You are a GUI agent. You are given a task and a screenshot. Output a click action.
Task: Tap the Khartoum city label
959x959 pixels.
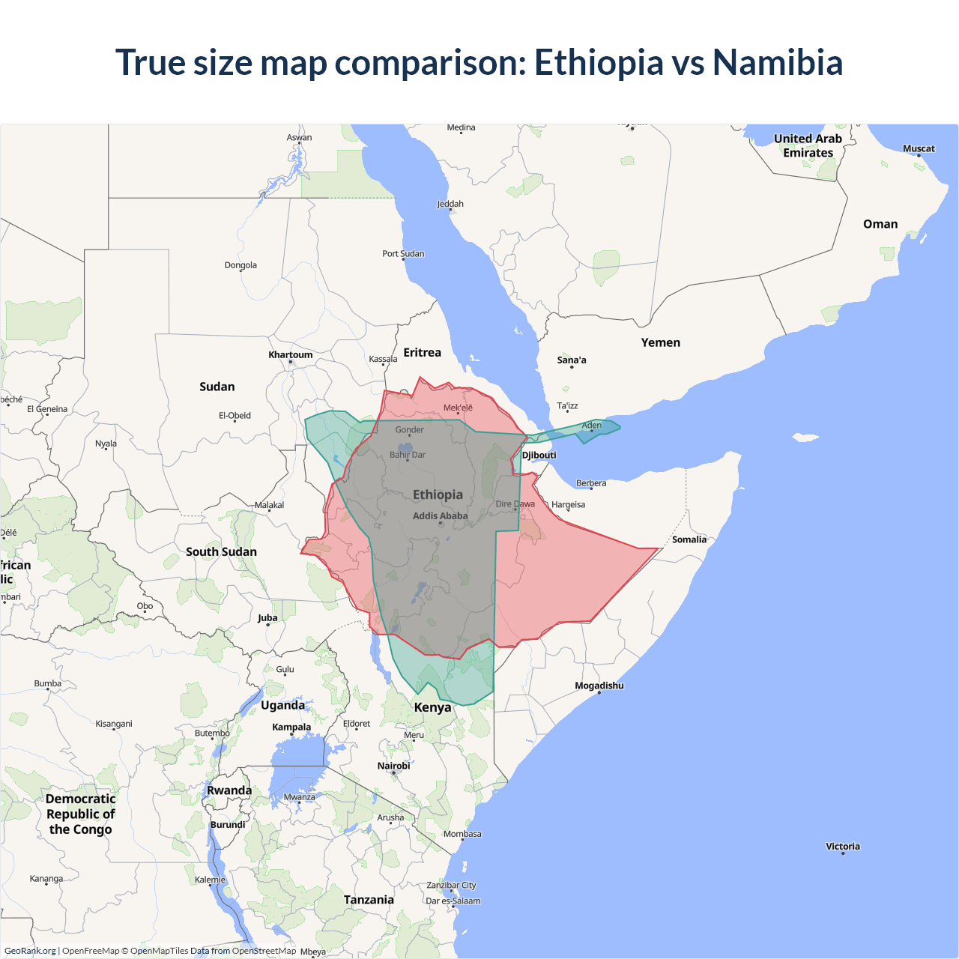pos(291,355)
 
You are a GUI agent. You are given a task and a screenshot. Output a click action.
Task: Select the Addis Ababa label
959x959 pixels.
pos(440,516)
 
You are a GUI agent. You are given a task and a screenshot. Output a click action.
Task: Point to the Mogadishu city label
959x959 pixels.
pos(599,686)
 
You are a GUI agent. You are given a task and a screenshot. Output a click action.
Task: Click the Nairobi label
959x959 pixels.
pos(393,766)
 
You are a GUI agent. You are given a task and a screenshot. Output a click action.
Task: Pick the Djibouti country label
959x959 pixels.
pos(539,456)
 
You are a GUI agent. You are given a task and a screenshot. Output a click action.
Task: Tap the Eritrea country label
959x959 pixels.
pos(422,353)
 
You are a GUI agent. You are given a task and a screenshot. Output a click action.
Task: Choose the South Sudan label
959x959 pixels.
pos(221,552)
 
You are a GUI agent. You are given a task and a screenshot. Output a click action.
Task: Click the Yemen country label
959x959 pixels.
pos(660,342)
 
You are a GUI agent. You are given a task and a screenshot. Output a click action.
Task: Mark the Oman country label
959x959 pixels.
pos(880,224)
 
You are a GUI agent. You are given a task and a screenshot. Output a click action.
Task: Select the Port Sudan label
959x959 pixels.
pos(403,254)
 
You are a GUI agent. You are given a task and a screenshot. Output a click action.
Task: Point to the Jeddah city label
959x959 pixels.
pos(450,204)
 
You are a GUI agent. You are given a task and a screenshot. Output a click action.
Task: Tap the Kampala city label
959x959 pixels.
pos(291,727)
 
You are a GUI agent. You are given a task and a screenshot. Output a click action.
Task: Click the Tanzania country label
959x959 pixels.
pos(369,900)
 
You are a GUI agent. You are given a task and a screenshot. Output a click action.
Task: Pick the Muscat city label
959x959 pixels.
pos(919,148)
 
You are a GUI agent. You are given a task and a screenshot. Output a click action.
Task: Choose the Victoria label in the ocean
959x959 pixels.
pos(843,847)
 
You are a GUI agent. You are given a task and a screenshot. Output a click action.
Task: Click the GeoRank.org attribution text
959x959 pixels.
pos(30,951)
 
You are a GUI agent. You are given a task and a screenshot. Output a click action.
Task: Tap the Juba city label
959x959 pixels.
pos(267,618)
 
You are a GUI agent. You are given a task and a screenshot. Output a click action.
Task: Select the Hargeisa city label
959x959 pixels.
pos(568,505)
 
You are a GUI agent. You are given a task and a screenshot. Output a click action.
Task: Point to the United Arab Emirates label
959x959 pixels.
pos(808,145)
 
